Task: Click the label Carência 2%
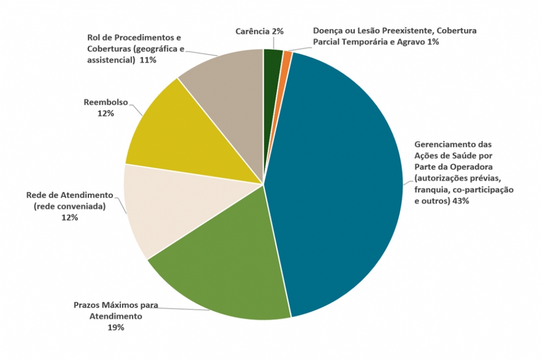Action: coord(260,31)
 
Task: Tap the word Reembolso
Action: coord(106,102)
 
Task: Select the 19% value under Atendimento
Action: coord(116,327)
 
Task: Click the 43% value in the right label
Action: coord(460,201)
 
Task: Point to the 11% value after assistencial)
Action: coord(147,60)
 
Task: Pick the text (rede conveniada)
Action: coord(69,206)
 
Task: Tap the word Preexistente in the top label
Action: coord(405,31)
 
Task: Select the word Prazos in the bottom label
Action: coord(86,305)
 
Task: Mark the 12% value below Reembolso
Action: coord(106,113)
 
